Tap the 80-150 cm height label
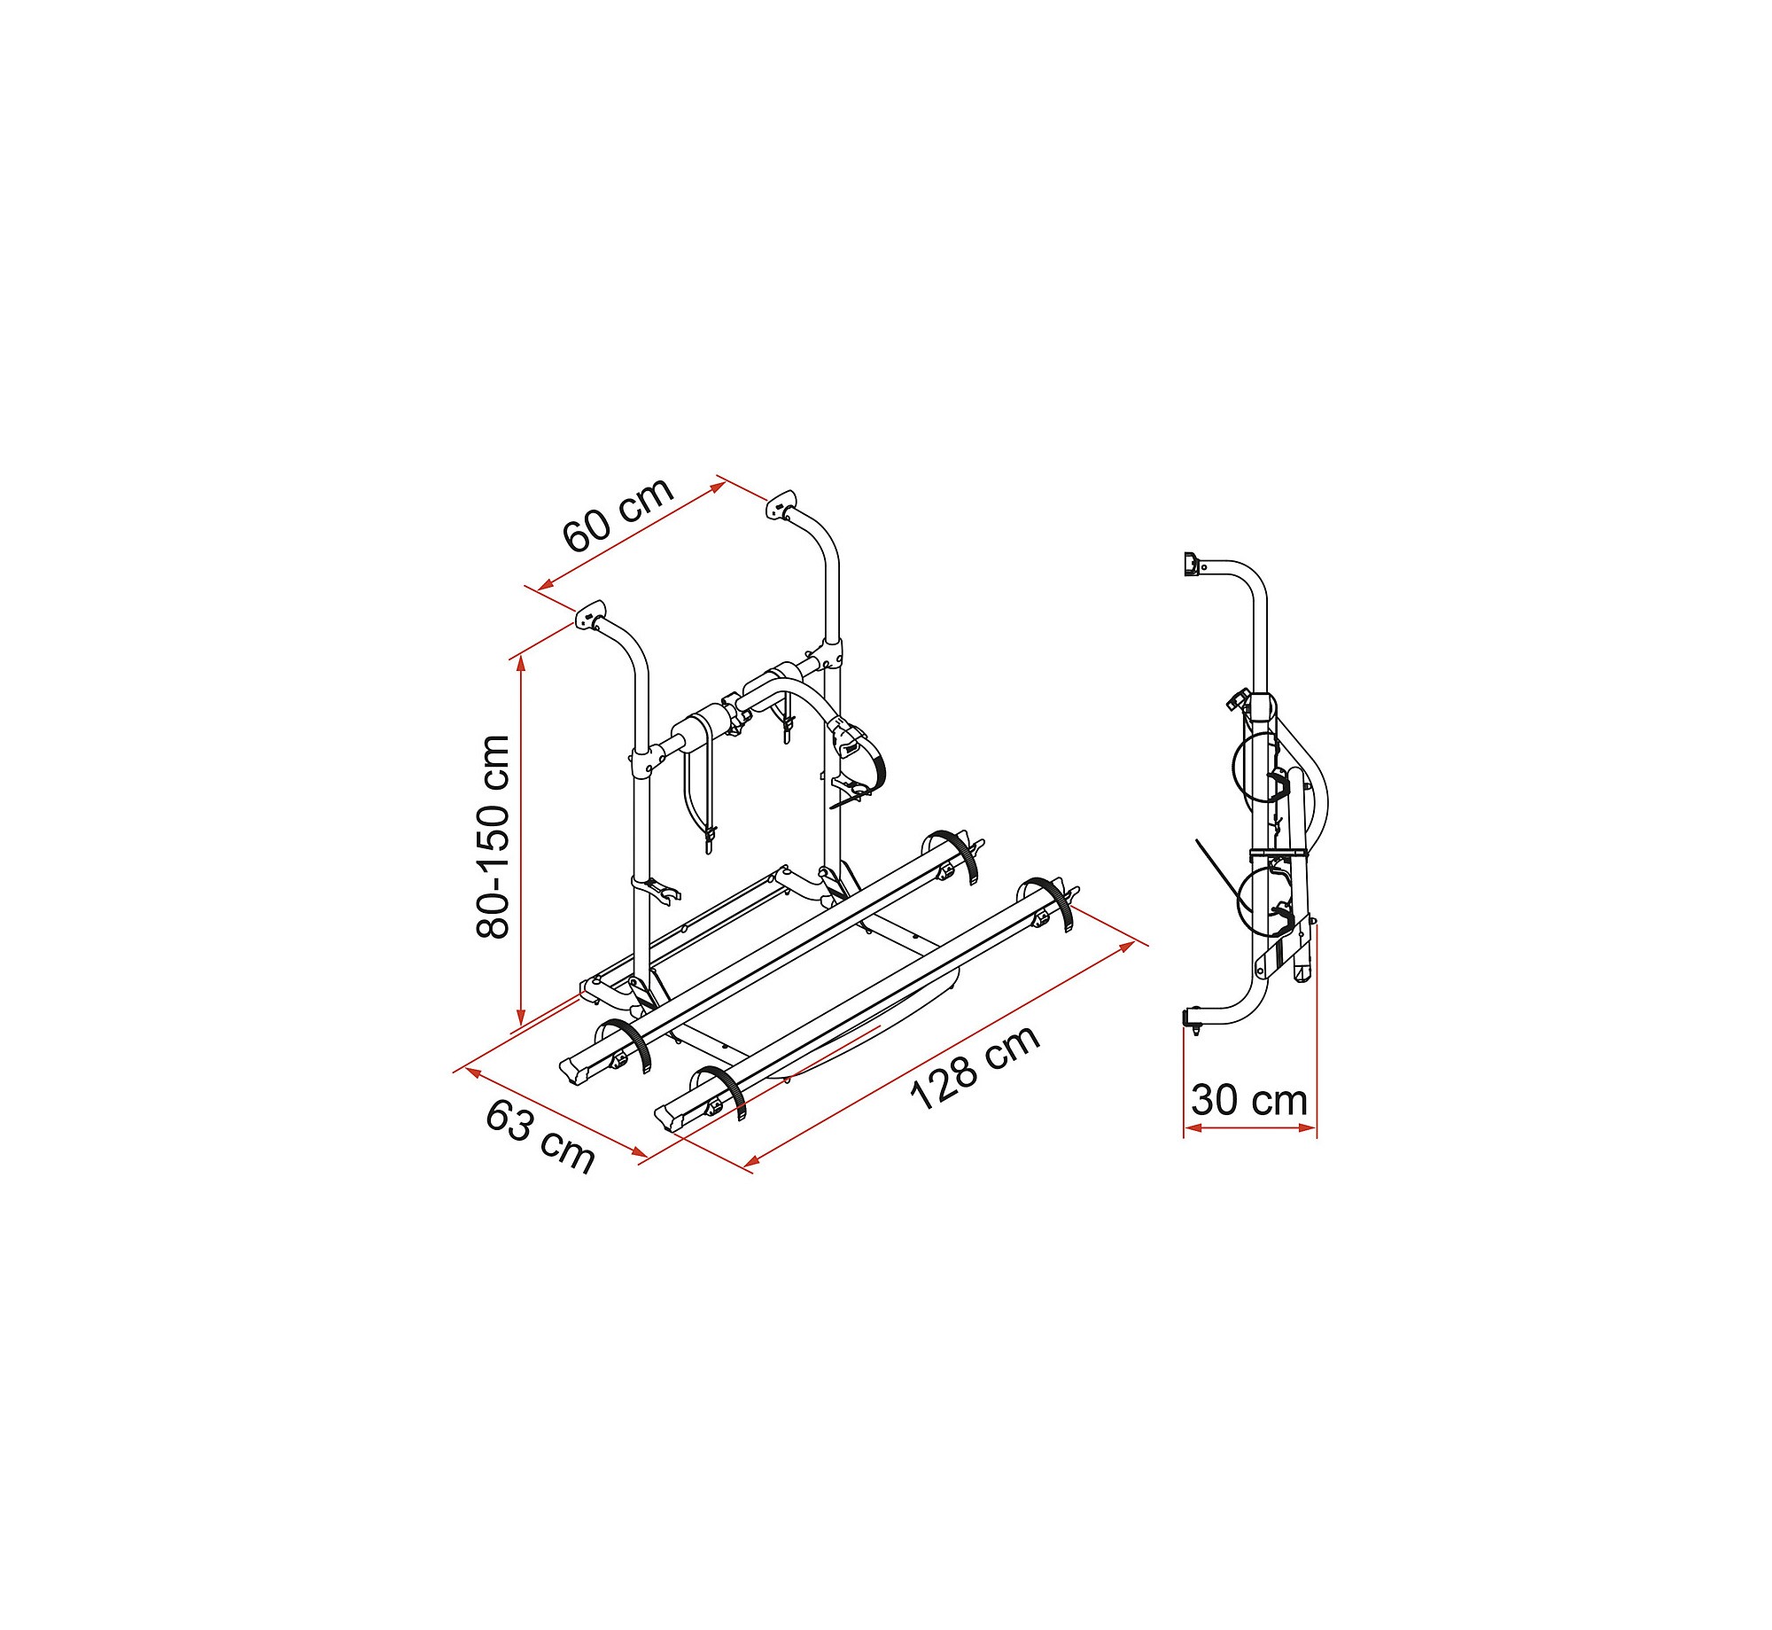pyautogui.click(x=494, y=837)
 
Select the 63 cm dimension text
pyautogui.click(x=540, y=1137)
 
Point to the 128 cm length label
pyautogui.click(x=975, y=1067)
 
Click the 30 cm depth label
pyautogui.click(x=1249, y=1100)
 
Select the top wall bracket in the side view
pyautogui.click(x=1192, y=563)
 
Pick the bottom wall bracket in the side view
pyautogui.click(x=1193, y=1019)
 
